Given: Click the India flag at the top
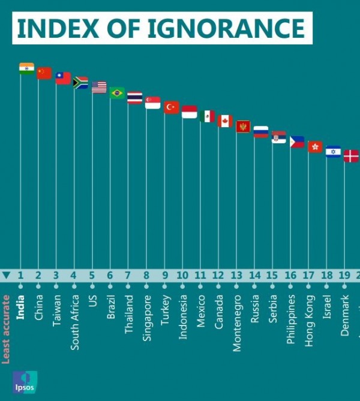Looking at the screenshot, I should click(26, 68).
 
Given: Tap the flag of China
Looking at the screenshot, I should click(44, 73).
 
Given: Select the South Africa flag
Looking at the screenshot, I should click(80, 83).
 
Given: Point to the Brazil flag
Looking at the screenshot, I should click(117, 93).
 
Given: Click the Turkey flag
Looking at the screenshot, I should click(172, 107).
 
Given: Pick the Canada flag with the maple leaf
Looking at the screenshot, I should click(225, 121).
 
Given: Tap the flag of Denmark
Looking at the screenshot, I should click(351, 156).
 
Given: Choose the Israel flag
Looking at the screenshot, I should click(333, 151).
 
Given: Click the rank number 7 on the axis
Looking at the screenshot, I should click(127, 276).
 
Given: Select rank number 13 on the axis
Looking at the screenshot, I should click(236, 276).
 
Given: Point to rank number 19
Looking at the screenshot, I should click(344, 276).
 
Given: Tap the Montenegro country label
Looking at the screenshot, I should click(237, 322).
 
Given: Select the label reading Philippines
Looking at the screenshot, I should click(291, 319).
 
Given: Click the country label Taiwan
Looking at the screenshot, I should click(56, 310).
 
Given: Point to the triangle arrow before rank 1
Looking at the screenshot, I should click(7, 276).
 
